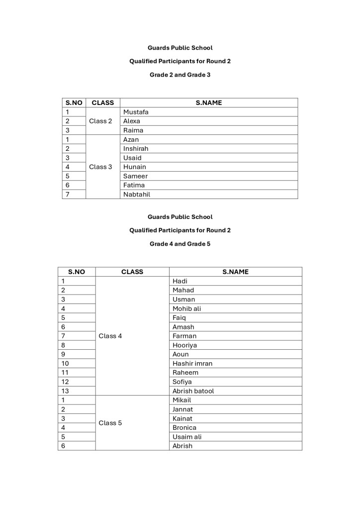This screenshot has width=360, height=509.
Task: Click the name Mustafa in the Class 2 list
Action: pyautogui.click(x=136, y=112)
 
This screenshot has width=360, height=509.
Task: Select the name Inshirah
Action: pyautogui.click(x=136, y=148)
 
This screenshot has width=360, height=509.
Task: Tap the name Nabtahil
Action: pyautogui.click(x=137, y=194)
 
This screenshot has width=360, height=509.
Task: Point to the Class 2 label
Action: pyautogui.click(x=100, y=121)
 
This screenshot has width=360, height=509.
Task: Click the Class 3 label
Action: pyautogui.click(x=100, y=167)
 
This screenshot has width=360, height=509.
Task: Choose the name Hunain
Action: pyautogui.click(x=135, y=167)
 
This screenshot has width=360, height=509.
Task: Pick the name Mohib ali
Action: pyautogui.click(x=187, y=308)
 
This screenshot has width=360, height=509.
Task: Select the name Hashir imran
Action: pyautogui.click(x=192, y=363)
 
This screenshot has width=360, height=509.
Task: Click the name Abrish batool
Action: pyautogui.click(x=193, y=391)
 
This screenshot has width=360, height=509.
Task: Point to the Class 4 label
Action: pyautogui.click(x=110, y=336)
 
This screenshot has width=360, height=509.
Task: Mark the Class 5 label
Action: pyautogui.click(x=110, y=423)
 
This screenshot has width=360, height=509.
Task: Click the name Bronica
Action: pyautogui.click(x=184, y=427)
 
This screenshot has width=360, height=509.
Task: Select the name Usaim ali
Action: pyautogui.click(x=187, y=437)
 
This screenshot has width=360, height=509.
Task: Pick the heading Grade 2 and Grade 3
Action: pyautogui.click(x=180, y=75)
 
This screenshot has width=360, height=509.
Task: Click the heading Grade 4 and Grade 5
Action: pyautogui.click(x=180, y=244)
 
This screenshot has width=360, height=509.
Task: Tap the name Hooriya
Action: pyautogui.click(x=184, y=345)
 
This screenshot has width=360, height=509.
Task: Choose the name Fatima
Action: pyautogui.click(x=134, y=185)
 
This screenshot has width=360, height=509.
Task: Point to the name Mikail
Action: pyautogui.click(x=181, y=400)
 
